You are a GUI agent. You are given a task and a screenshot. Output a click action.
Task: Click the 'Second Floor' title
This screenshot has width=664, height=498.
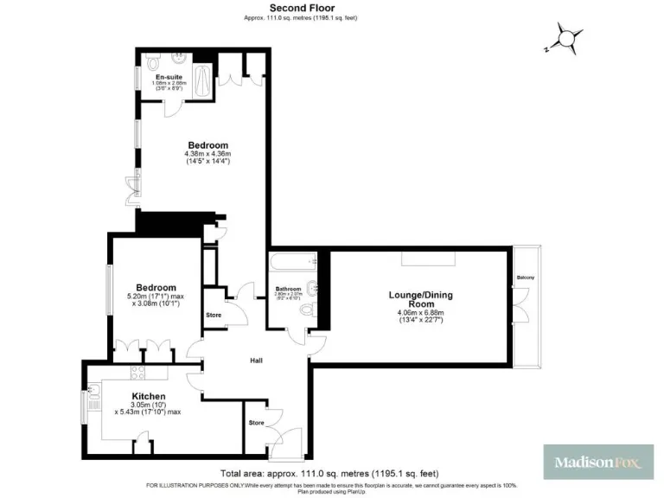332,8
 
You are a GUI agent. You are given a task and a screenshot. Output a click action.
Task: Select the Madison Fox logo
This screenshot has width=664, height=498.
597,463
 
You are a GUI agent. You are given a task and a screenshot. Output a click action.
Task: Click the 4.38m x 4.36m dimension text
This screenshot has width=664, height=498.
208,155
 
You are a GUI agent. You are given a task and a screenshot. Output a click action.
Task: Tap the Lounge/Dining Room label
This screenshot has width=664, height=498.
419,300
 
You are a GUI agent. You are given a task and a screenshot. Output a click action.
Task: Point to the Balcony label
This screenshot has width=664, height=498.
526,277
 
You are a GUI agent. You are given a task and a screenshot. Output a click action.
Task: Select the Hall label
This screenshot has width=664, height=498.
257,361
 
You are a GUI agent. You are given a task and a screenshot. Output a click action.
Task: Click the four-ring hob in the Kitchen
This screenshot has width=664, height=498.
137,373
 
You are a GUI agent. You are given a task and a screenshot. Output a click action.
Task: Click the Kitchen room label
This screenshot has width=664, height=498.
148,397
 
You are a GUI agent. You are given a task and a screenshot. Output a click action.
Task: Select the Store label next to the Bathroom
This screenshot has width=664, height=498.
214,315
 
